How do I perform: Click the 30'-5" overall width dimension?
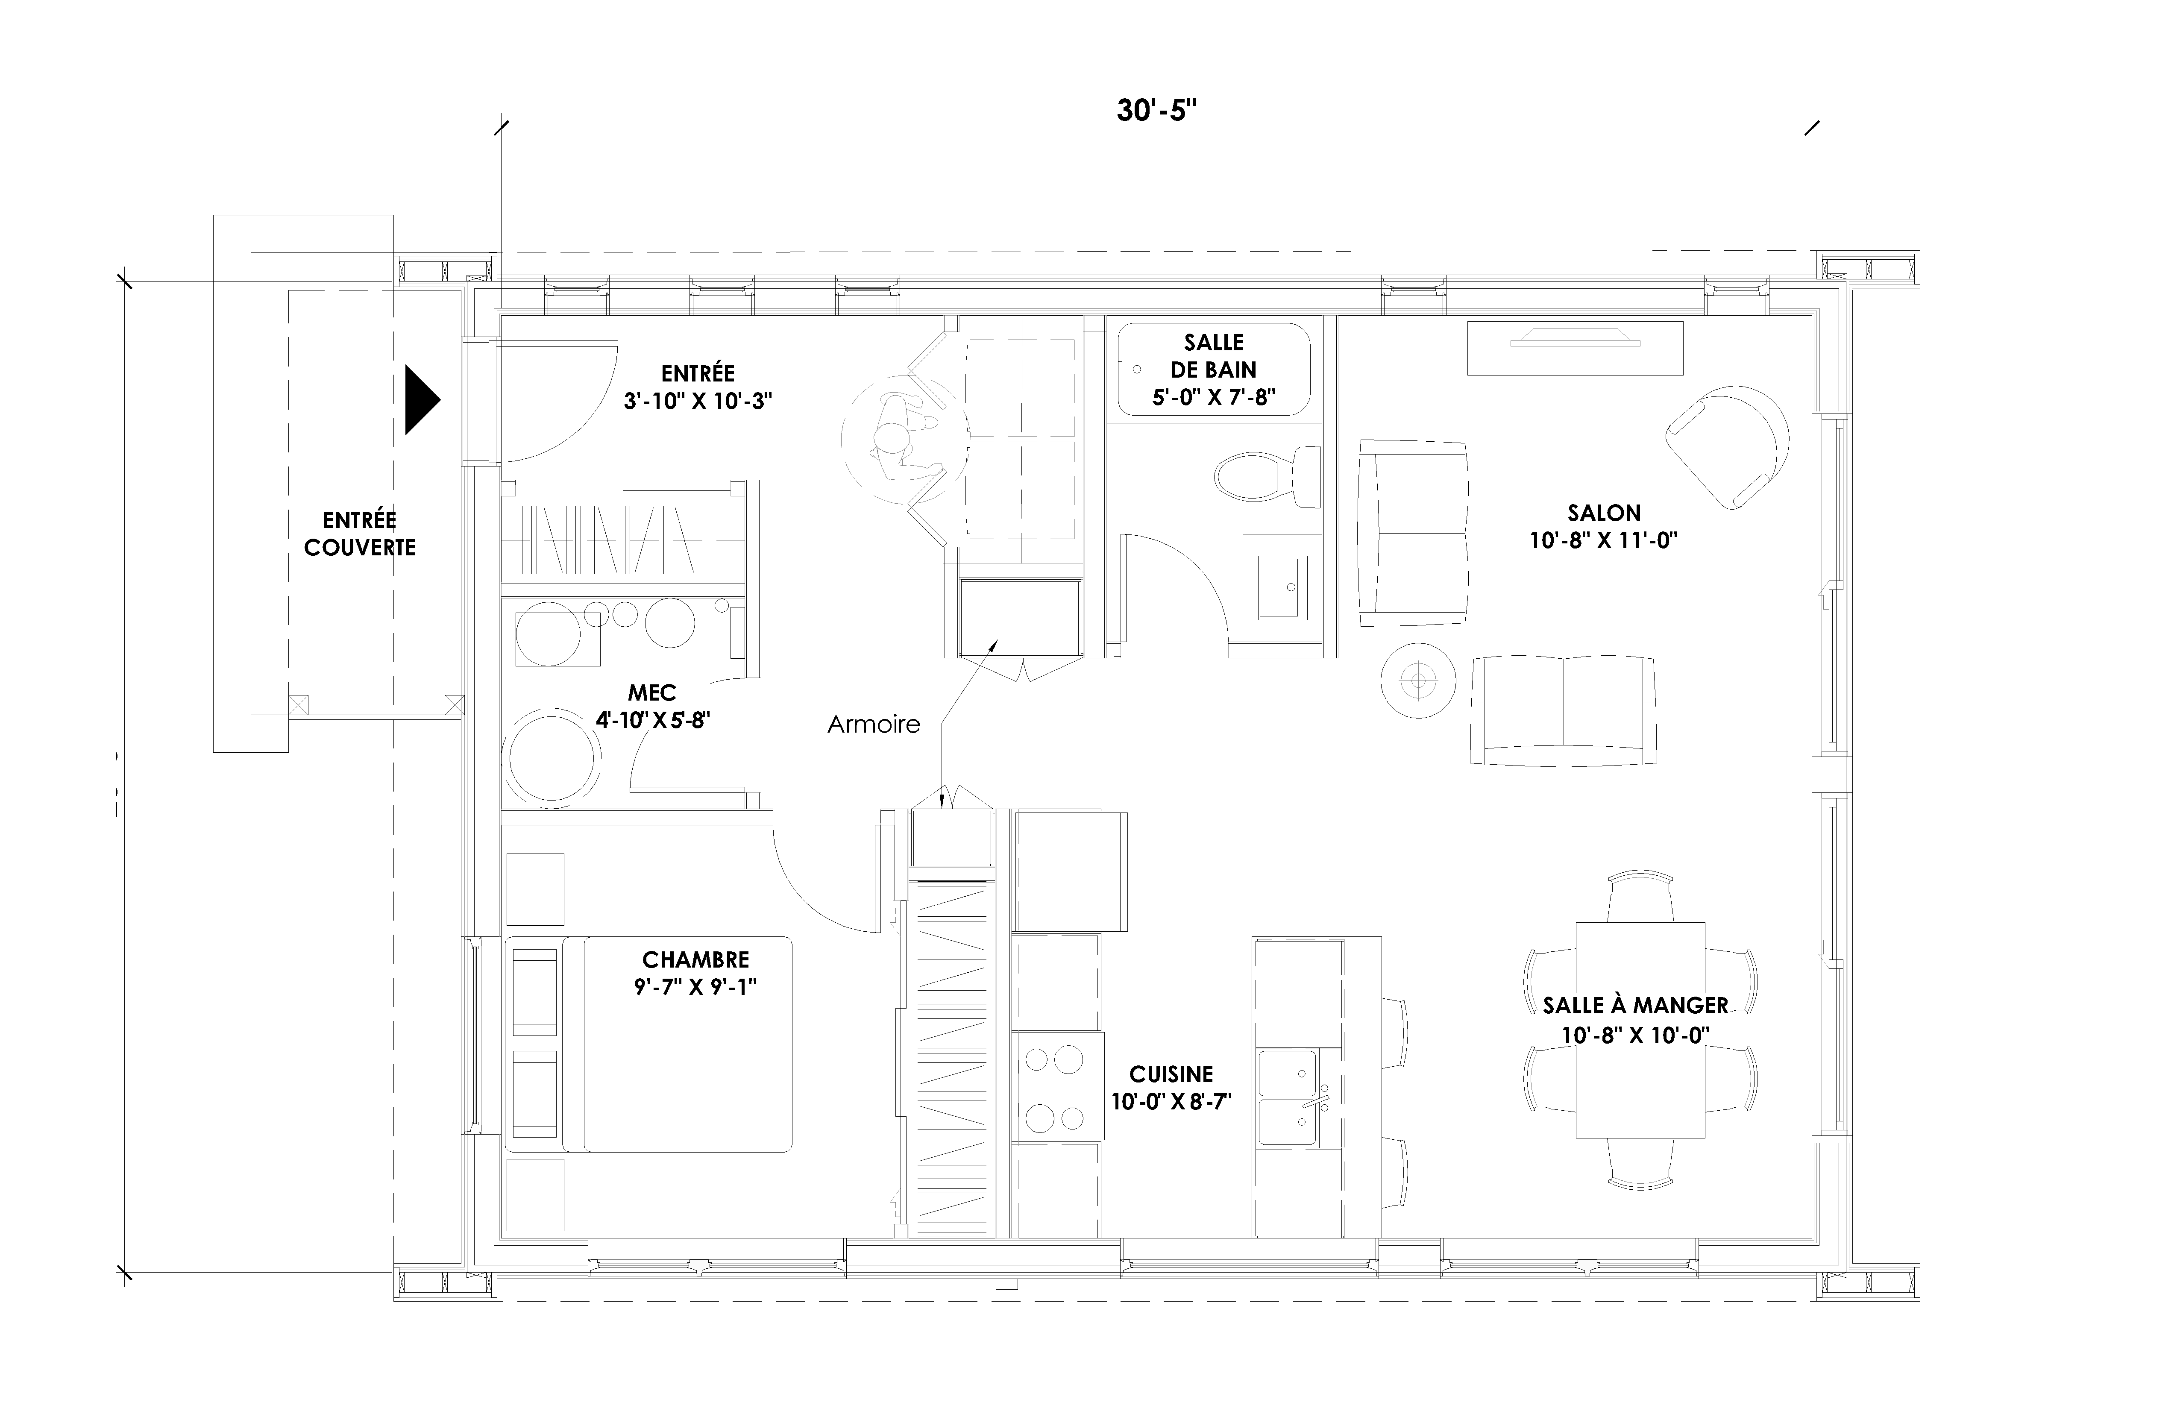[1157, 111]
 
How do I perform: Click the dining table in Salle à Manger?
[1640, 1030]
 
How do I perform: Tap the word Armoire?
[874, 725]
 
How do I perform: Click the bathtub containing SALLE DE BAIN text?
[1214, 369]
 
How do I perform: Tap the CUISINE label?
[1171, 1074]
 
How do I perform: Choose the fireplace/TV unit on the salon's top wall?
[1575, 348]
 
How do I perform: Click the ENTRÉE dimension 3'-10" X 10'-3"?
[698, 401]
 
